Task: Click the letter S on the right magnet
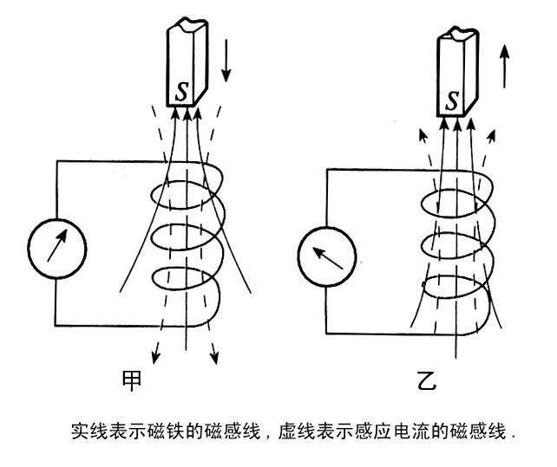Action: pos(451,101)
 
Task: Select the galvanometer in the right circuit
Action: pos(326,255)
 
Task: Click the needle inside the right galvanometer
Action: pos(327,256)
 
